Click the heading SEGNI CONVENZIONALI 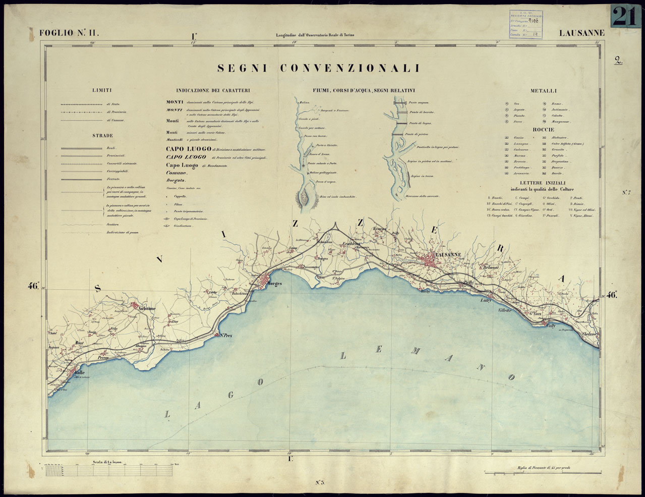point(318,68)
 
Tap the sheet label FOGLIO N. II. point(70,33)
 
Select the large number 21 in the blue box point(625,16)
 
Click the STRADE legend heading point(102,136)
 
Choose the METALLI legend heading point(543,91)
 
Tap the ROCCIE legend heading point(543,130)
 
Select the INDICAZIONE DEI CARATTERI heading point(213,91)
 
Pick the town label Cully point(552,326)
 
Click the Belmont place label point(489,267)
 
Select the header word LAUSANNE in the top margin point(581,33)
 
